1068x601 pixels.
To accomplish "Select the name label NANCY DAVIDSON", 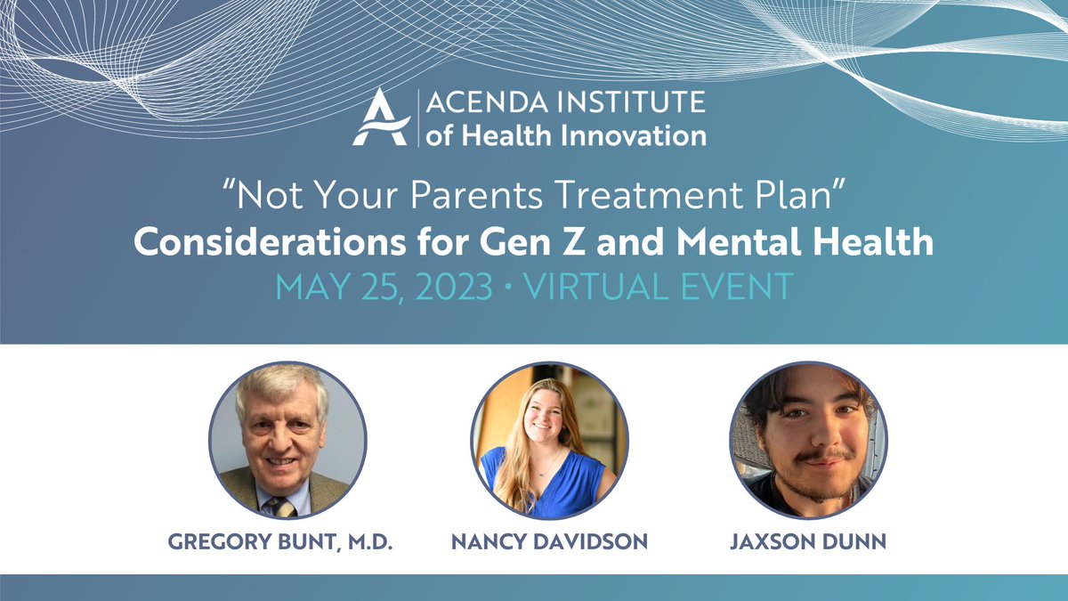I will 549,541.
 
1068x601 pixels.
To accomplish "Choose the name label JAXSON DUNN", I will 809,541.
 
